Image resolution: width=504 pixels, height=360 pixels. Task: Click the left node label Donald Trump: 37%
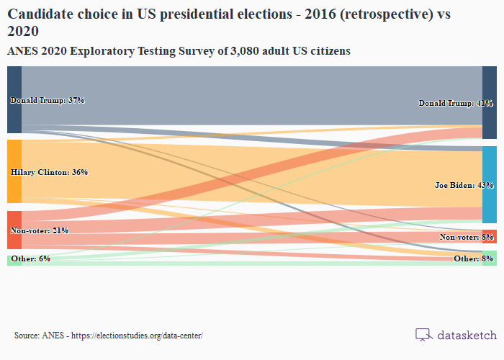pyautogui.click(x=47, y=100)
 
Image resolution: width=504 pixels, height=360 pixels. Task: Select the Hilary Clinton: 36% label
pyautogui.click(x=49, y=172)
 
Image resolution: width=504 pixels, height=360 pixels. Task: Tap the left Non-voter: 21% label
pyautogui.click(x=39, y=230)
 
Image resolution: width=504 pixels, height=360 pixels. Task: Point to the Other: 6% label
pyautogui.click(x=30, y=258)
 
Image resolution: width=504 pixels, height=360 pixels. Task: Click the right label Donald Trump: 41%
pyautogui.click(x=456, y=103)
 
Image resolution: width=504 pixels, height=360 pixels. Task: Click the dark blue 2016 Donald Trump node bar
pyautogui.click(x=14, y=99)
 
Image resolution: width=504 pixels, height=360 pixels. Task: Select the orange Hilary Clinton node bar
pyautogui.click(x=14, y=171)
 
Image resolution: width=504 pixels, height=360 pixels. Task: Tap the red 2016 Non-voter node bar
pyautogui.click(x=14, y=230)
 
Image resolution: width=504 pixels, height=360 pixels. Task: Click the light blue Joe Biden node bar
pyautogui.click(x=490, y=184)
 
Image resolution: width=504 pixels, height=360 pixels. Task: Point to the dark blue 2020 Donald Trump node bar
pyautogui.click(x=490, y=102)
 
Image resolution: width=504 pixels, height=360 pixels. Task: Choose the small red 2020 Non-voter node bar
pyautogui.click(x=490, y=237)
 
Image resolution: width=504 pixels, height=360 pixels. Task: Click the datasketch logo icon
pyautogui.click(x=423, y=335)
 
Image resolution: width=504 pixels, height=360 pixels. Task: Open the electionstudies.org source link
pyautogui.click(x=137, y=336)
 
